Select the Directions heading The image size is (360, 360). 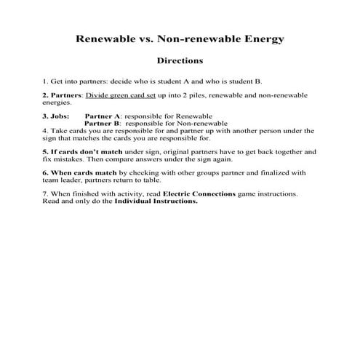pos(180,61)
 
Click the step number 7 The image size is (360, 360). pos(44,194)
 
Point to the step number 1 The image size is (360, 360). pos(44,81)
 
